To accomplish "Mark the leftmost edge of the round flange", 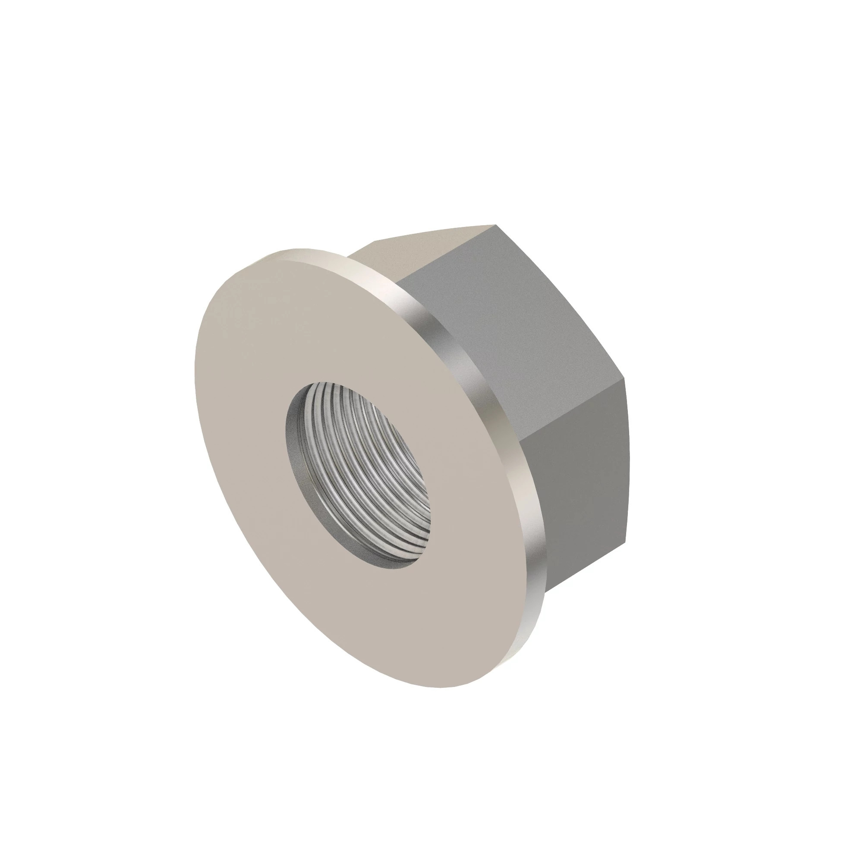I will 195,380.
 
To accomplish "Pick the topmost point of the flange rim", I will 295,249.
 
